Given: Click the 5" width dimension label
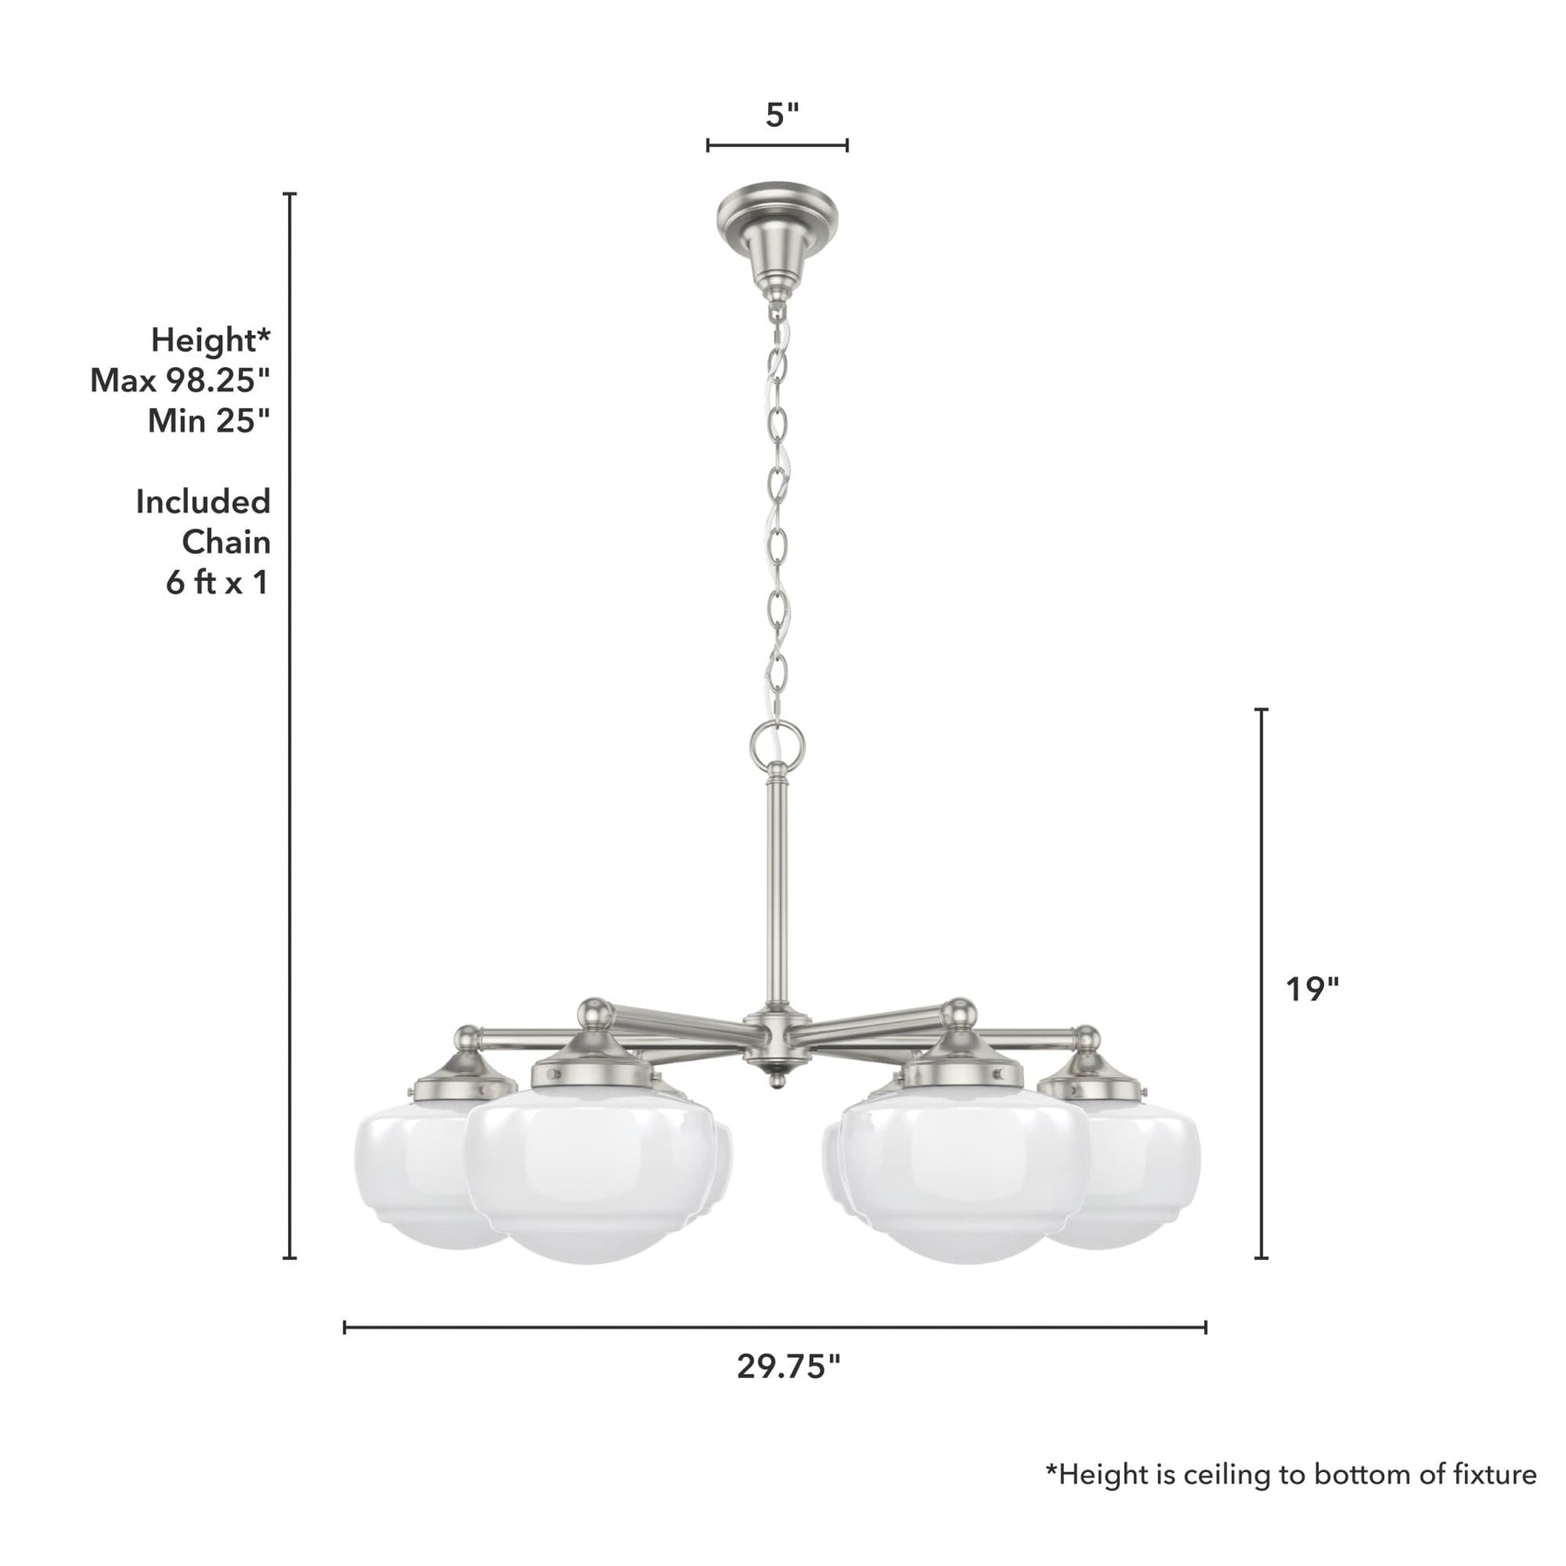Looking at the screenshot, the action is (x=781, y=115).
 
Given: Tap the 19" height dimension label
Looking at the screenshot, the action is (x=1313, y=989).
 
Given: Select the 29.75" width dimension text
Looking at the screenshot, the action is (x=789, y=1367).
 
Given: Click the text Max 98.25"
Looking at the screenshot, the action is (x=181, y=380).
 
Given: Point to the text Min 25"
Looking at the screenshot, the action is (x=209, y=421).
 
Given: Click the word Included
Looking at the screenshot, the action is (x=204, y=502).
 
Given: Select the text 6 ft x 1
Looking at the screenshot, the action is (x=217, y=582).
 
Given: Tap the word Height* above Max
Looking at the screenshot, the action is (x=211, y=340).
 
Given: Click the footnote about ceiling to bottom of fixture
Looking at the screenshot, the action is (x=1291, y=1474).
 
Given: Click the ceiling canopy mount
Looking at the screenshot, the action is (x=777, y=235).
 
